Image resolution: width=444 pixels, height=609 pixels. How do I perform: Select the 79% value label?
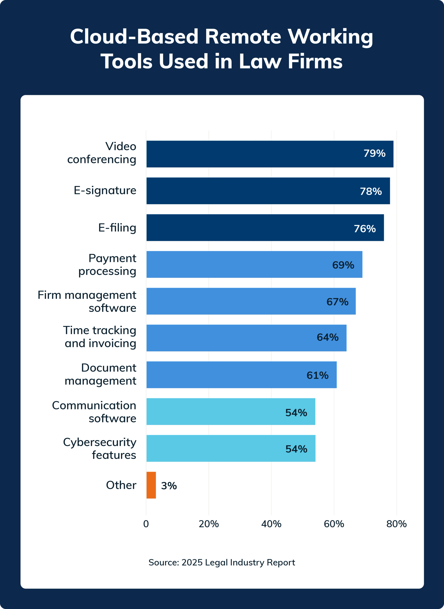click(x=374, y=153)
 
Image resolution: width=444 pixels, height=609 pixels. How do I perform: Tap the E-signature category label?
click(x=105, y=190)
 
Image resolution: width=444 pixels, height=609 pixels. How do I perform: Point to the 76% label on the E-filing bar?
click(x=364, y=229)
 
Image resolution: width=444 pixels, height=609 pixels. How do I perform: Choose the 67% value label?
click(x=337, y=302)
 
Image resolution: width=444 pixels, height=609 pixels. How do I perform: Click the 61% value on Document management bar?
click(x=317, y=375)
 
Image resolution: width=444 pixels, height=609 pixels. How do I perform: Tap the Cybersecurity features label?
click(x=100, y=449)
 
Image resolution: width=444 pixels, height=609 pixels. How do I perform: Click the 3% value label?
click(x=169, y=486)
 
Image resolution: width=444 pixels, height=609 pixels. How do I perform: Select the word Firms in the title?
click(x=315, y=61)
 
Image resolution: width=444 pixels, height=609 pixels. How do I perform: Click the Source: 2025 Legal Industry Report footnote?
click(x=222, y=562)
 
